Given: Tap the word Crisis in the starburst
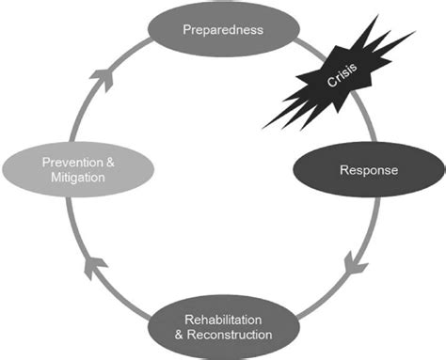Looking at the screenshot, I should pyautogui.click(x=342, y=79).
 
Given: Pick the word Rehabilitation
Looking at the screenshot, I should pyautogui.click(x=223, y=320).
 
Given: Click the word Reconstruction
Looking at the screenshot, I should pyautogui.click(x=231, y=335).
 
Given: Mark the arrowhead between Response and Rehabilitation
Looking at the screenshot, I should pyautogui.click(x=352, y=261).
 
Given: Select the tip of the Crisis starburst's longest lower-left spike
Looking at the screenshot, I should pyautogui.click(x=263, y=127).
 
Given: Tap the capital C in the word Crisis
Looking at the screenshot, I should pyautogui.click(x=330, y=87).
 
